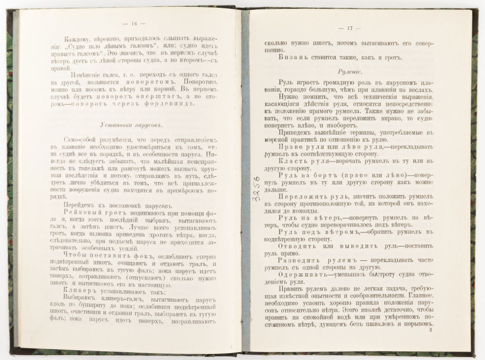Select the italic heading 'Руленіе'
(352, 71)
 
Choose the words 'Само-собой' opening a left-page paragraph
(80, 140)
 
